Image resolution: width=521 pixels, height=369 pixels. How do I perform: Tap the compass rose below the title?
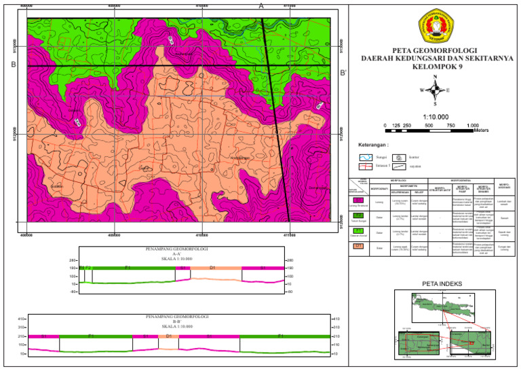(434, 90)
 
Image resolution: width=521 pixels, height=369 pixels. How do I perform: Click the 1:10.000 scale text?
(434, 116)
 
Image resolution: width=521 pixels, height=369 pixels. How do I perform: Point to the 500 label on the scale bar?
(429, 126)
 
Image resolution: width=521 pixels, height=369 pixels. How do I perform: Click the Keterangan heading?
(372, 145)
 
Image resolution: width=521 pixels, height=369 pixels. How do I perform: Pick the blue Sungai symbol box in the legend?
(365, 157)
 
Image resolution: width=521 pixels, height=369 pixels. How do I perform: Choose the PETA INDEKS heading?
(442, 283)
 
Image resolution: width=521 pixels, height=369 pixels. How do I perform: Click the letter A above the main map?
(261, 5)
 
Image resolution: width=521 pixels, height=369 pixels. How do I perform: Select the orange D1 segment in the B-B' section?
(169, 336)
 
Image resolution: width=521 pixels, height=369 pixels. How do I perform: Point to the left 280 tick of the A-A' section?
(73, 260)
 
